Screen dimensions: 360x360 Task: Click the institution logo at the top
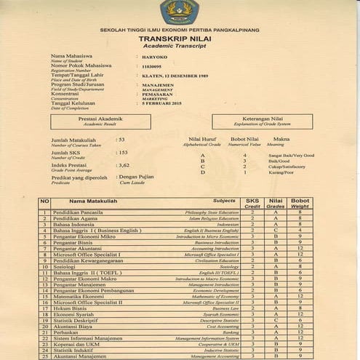pyautogui.click(x=179, y=10)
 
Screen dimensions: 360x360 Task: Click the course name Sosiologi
pyautogui.click(x=67, y=266)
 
